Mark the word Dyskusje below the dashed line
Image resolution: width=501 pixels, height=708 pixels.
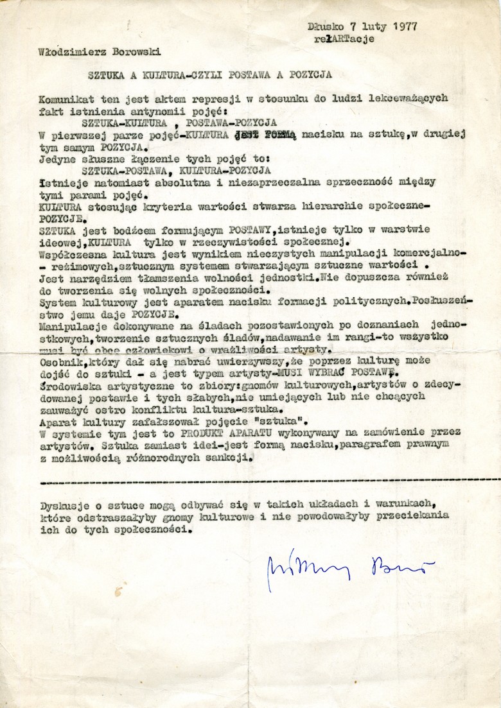(x=62, y=504)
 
